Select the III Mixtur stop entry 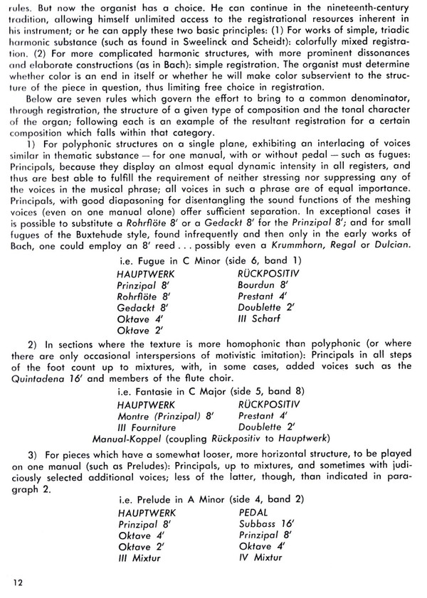click(139, 557)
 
